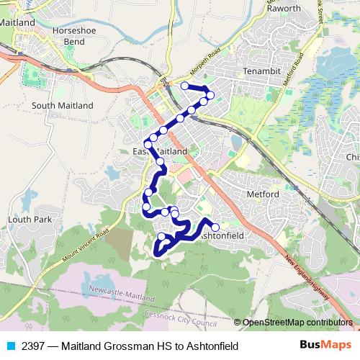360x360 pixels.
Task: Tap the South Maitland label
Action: point(63,105)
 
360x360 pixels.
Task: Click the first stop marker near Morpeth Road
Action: point(185,86)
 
